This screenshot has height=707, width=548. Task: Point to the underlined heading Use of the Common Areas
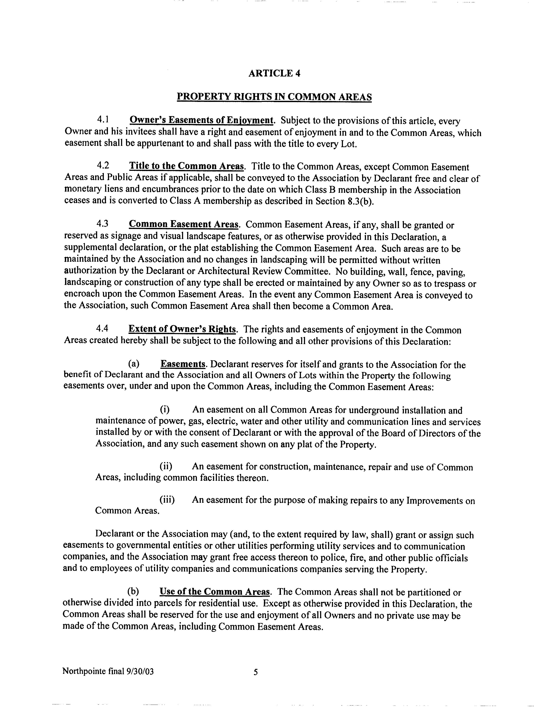point(215,592)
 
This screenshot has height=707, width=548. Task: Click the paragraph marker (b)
point(133,592)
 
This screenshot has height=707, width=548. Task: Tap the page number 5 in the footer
point(256,672)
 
